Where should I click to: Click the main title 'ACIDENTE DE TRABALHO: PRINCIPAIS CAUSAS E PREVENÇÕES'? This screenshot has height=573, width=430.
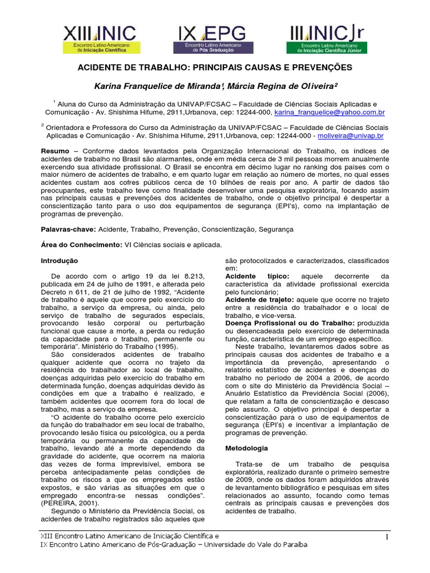214,67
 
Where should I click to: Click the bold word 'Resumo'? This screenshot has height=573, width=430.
55,152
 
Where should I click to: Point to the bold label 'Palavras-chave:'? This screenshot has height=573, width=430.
70,229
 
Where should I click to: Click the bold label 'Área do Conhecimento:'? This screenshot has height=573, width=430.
81,245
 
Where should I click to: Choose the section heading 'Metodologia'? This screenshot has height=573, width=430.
246,448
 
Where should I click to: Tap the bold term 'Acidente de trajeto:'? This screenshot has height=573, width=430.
258,300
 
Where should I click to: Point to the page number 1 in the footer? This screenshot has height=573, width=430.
386,537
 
